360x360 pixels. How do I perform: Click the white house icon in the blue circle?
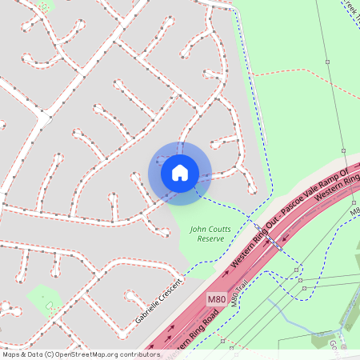coord(180,172)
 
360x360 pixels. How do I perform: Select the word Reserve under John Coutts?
coord(210,239)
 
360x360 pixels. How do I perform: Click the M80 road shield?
coord(216,299)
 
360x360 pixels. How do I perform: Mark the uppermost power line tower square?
coord(326,61)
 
